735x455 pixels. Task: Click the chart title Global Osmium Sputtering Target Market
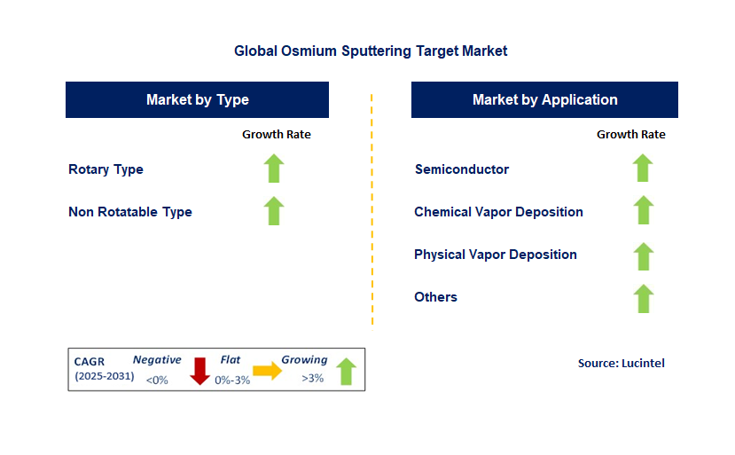tap(371, 51)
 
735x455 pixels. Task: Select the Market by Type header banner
tap(197, 100)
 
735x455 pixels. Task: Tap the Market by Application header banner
tap(544, 100)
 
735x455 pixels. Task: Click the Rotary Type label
tap(106, 169)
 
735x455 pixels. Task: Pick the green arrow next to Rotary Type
tap(274, 169)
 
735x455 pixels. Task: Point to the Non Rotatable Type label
tap(130, 212)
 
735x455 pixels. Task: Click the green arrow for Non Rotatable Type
tap(274, 211)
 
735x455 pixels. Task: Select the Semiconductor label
tap(462, 169)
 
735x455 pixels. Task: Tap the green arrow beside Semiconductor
tap(643, 169)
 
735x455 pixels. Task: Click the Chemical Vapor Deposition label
tap(498, 212)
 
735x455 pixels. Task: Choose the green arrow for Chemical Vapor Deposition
tap(643, 211)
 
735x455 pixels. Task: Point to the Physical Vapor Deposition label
tap(496, 255)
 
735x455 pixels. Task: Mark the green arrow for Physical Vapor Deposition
tap(643, 256)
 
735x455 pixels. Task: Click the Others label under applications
tap(435, 297)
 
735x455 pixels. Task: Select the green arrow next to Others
tap(643, 299)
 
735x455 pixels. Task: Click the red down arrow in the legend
tap(200, 371)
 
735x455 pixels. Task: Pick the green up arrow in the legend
tap(346, 371)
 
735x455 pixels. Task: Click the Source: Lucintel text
tap(621, 363)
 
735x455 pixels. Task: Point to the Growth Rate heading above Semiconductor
tap(630, 135)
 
